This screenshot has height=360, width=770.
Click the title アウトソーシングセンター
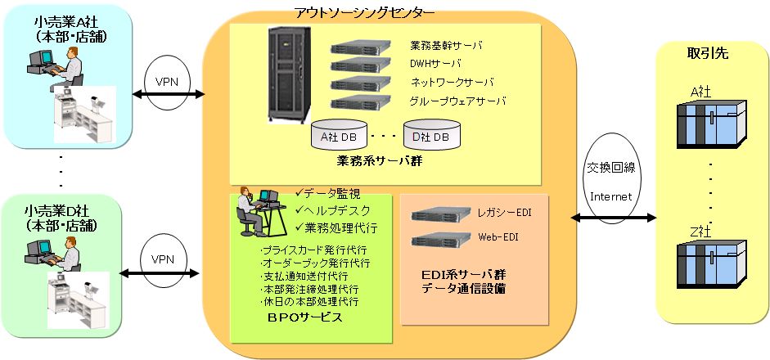tap(364, 11)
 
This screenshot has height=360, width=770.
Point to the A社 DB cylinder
tap(339, 137)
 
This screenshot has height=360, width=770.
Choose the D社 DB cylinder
tap(431, 137)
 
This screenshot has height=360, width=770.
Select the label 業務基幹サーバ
tap(446, 46)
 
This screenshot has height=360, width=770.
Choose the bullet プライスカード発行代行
tap(312, 250)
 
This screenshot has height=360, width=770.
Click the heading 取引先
tap(706, 54)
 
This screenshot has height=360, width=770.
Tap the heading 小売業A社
tap(57, 22)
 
